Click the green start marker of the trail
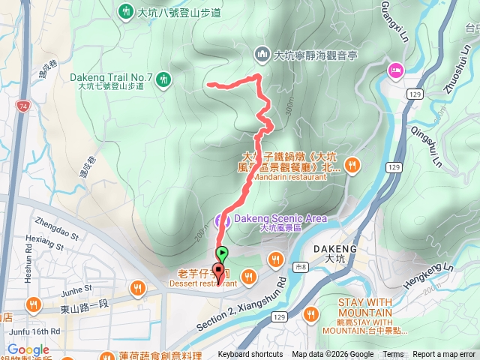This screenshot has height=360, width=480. (222, 253)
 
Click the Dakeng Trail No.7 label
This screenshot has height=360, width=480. (111, 76)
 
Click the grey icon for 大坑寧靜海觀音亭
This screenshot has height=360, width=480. (262, 54)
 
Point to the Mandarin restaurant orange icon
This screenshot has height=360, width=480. (352, 164)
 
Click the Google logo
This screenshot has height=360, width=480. (28, 349)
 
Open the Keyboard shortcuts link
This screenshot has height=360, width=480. (250, 355)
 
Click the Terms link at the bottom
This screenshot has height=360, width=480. (393, 355)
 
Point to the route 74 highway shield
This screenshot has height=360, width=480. (24, 106)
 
